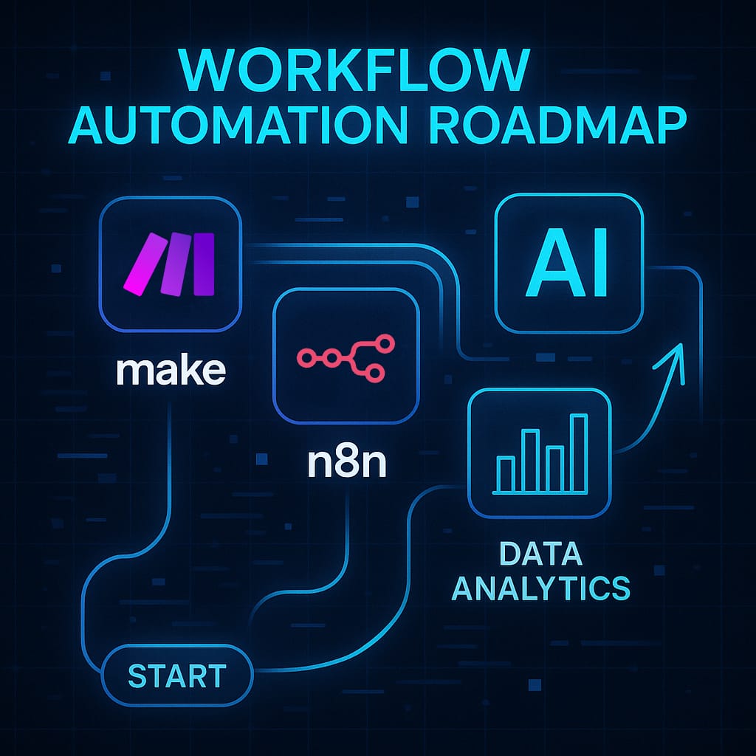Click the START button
(176, 676)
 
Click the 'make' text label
(171, 371)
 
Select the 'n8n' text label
(346, 465)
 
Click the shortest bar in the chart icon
(506, 473)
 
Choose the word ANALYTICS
(541, 588)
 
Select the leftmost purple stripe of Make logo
(144, 264)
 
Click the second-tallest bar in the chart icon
(529, 458)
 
